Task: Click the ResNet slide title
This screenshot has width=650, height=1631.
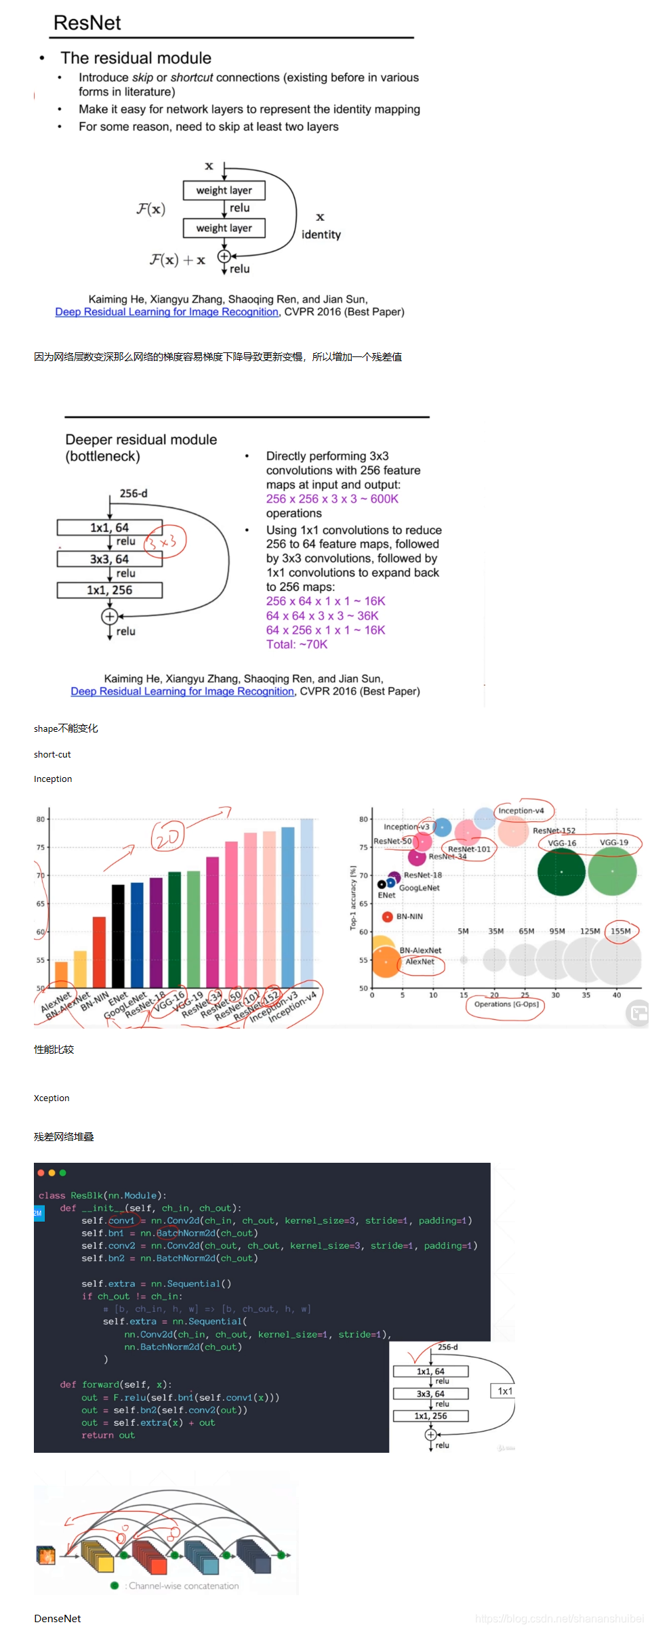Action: coord(87,23)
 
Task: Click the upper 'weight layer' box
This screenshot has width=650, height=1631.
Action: coord(224,190)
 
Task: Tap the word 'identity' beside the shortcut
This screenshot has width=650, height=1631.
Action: coord(321,234)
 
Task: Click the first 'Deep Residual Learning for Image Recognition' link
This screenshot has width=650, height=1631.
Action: coord(167,312)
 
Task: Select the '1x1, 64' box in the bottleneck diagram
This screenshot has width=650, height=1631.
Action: coord(109,527)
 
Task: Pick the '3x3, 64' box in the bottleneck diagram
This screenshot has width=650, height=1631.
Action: coord(109,559)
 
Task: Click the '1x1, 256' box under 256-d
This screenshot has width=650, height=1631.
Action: coord(109,590)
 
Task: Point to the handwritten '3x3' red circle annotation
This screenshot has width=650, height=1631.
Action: coord(165,541)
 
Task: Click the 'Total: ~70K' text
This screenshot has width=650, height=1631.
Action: coord(296,644)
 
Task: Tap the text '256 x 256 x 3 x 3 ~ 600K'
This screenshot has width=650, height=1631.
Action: coord(332,499)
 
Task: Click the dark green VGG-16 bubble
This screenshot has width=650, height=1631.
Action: coord(561,871)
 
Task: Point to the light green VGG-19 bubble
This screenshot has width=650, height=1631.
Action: coord(612,871)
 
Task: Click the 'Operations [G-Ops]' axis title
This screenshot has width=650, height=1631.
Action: coord(506,1004)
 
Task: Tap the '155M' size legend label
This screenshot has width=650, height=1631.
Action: coord(620,931)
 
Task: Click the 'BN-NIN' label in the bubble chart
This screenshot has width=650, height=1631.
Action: coord(409,917)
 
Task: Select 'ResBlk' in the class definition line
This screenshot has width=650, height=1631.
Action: coord(87,1195)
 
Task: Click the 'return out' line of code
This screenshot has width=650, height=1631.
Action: coord(108,1435)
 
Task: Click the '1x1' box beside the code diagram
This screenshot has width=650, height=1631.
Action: coord(505,1391)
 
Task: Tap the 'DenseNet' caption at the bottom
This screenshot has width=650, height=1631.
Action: coord(58,1618)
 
